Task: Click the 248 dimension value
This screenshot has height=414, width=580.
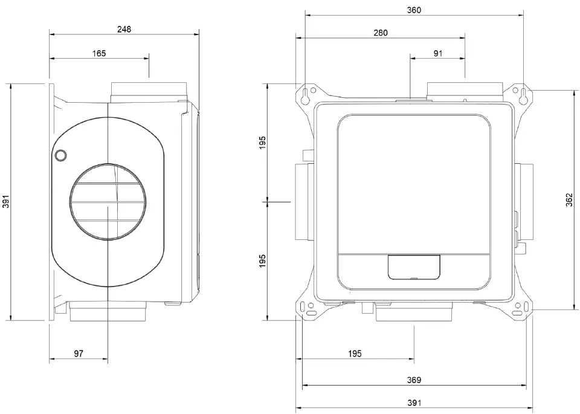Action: point(124,29)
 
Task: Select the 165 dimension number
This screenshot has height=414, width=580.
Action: point(99,53)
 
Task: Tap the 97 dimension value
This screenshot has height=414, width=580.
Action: point(79,354)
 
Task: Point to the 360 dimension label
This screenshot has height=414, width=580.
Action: point(414,10)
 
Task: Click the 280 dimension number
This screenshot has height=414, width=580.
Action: point(381,33)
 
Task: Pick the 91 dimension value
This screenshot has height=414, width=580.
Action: point(438,53)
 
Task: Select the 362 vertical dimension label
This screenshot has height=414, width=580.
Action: point(569,200)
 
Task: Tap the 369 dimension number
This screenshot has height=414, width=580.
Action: point(414,380)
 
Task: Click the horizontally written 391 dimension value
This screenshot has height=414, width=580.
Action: point(414,403)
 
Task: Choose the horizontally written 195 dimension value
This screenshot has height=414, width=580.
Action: point(355,354)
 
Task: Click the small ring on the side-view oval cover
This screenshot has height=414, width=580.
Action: point(60,156)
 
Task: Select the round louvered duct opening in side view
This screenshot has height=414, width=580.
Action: point(107,201)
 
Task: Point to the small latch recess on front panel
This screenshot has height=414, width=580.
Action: point(414,267)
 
